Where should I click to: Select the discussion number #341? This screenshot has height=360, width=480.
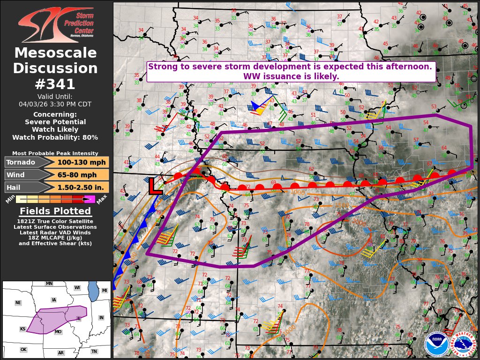(x=55, y=84)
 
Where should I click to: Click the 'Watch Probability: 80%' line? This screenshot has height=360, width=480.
(x=55, y=137)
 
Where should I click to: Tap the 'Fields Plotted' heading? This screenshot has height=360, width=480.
(x=55, y=211)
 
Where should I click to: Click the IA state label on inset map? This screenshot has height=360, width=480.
(x=54, y=300)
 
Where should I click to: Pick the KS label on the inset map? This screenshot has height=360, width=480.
(x=22, y=329)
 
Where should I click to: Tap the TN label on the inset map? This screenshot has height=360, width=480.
(x=94, y=351)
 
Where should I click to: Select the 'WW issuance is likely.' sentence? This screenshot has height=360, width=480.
(x=291, y=76)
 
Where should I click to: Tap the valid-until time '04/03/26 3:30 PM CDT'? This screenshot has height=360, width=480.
(x=55, y=104)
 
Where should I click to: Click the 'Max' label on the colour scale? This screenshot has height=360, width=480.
(x=103, y=196)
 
